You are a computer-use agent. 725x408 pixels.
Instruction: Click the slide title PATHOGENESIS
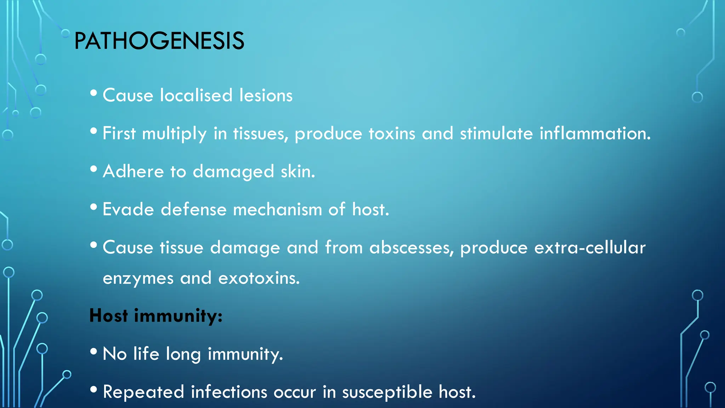159,41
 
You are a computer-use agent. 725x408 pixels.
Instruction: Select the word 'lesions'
266,95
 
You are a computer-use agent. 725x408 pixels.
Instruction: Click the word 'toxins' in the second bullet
392,134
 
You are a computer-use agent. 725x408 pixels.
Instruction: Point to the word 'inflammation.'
595,134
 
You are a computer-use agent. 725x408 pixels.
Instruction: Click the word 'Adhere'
133,171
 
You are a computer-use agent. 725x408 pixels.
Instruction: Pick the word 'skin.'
298,171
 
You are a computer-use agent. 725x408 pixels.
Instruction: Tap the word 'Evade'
128,209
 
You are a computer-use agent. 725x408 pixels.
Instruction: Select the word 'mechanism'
277,209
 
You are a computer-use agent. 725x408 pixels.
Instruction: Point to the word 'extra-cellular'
590,247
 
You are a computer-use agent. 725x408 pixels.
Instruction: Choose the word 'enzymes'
138,278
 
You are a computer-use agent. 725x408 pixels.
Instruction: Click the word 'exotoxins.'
259,278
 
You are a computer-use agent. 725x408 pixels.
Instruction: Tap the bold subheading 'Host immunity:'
156,316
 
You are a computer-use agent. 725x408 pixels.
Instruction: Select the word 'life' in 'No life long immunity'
146,353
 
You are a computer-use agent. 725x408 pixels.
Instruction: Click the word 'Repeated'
143,392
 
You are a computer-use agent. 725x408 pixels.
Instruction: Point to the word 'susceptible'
387,392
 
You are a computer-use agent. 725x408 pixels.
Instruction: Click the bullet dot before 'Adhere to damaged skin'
93,169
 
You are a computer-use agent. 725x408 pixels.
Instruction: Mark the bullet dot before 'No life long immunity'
93,351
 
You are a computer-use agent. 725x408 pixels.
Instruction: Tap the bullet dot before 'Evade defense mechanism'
93,207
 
